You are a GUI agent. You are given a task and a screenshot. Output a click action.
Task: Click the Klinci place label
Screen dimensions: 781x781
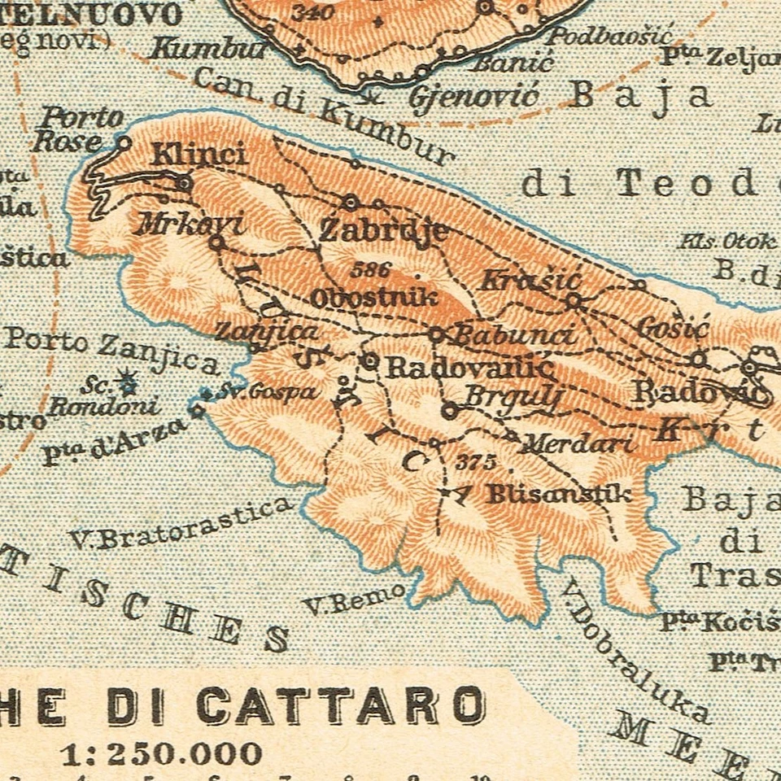pos(199,153)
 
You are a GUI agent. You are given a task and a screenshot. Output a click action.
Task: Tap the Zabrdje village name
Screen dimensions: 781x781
pos(383,230)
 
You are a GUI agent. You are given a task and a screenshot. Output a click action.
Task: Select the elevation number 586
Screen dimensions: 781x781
pos(372,269)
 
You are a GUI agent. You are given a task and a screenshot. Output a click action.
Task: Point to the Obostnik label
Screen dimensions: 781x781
pos(374,298)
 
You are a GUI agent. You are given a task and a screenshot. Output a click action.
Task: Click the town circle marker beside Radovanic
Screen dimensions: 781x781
pos(370,360)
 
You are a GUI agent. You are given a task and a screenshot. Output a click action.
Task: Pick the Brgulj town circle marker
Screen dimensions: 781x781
pos(448,411)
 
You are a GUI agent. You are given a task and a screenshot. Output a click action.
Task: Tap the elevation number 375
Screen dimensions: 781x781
pos(476,462)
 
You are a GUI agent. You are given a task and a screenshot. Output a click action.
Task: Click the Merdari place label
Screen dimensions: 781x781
pos(577,444)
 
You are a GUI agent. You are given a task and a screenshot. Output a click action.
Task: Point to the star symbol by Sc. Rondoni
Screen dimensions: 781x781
pos(125,378)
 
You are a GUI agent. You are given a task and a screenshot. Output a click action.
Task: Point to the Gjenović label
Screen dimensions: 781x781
pos(473,98)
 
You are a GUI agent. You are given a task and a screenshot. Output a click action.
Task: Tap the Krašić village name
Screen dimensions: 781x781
pos(530,281)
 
